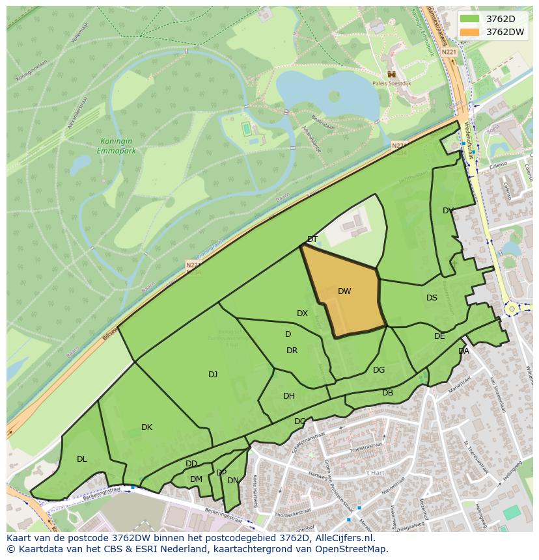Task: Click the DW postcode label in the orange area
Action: (x=344, y=291)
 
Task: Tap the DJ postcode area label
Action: (x=213, y=374)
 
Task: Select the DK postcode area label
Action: (x=146, y=427)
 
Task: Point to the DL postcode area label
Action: (x=81, y=459)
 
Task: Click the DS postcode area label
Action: (x=432, y=298)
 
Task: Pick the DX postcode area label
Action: (x=302, y=313)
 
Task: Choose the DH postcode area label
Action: (x=289, y=395)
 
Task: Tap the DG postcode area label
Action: (x=379, y=370)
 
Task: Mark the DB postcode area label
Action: (x=387, y=393)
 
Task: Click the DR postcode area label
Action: (x=292, y=351)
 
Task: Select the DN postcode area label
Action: (x=232, y=481)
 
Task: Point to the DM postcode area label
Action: (x=196, y=479)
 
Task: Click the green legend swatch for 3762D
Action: (x=469, y=19)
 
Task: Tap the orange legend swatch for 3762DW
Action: (x=469, y=32)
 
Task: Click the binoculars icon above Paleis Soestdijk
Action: (x=391, y=74)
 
